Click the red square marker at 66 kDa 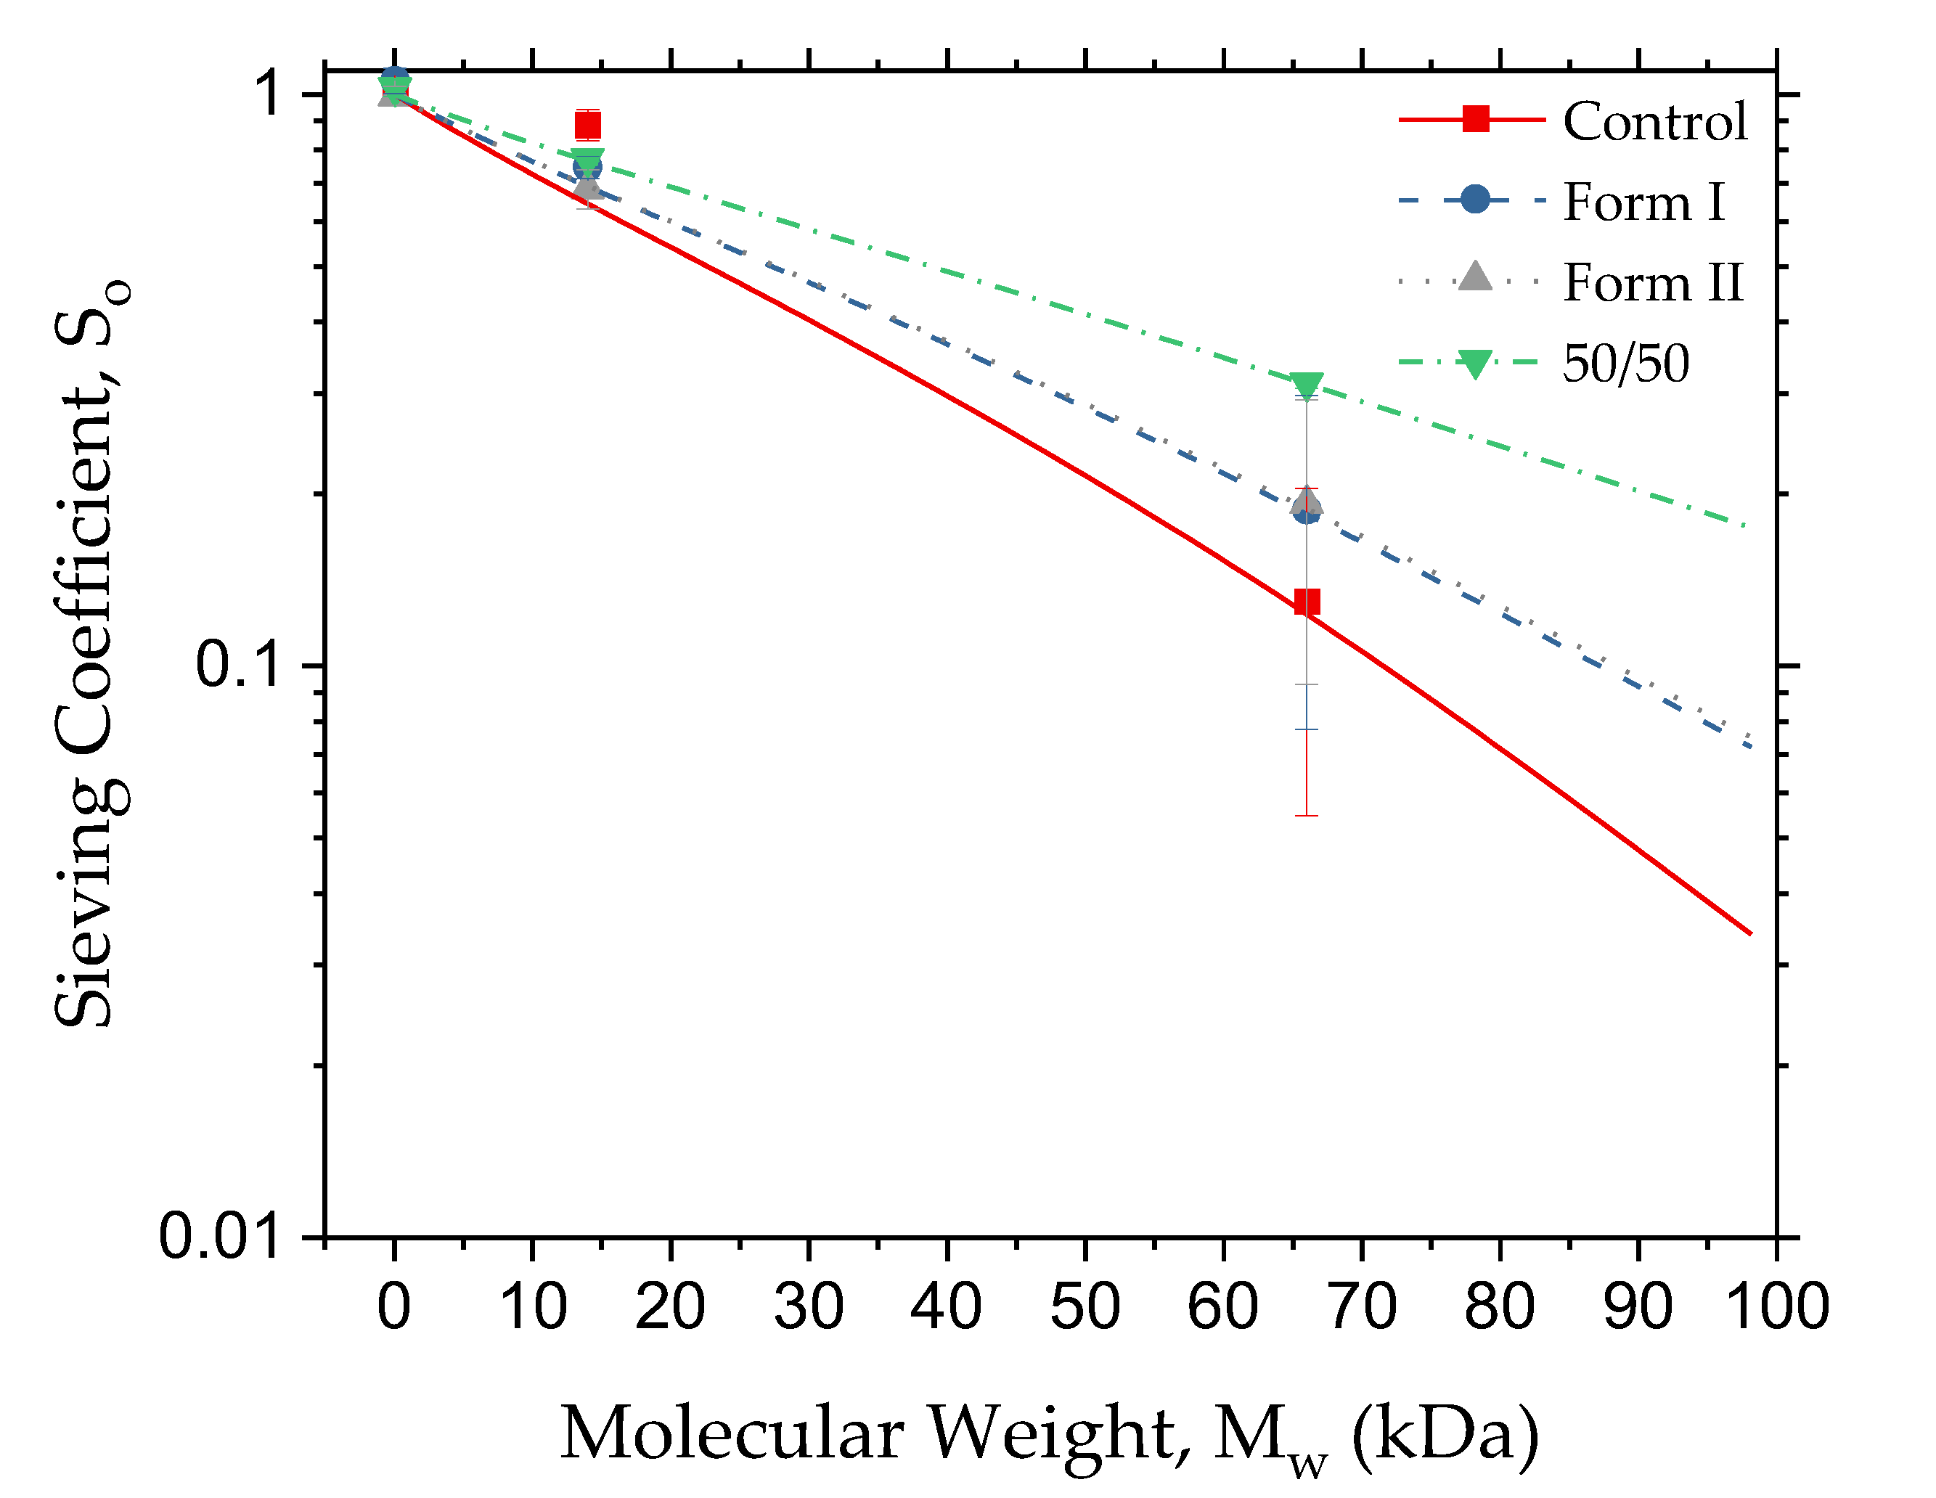1307,602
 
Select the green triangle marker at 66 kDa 1307,385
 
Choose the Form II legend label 1652,283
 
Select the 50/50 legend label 1626,364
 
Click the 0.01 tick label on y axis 218,1237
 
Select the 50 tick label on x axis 1085,1306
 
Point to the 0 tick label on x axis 393,1306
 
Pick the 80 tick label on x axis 1500,1306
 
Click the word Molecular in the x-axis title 731,1433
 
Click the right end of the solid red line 1751,933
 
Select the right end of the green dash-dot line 1744,525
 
